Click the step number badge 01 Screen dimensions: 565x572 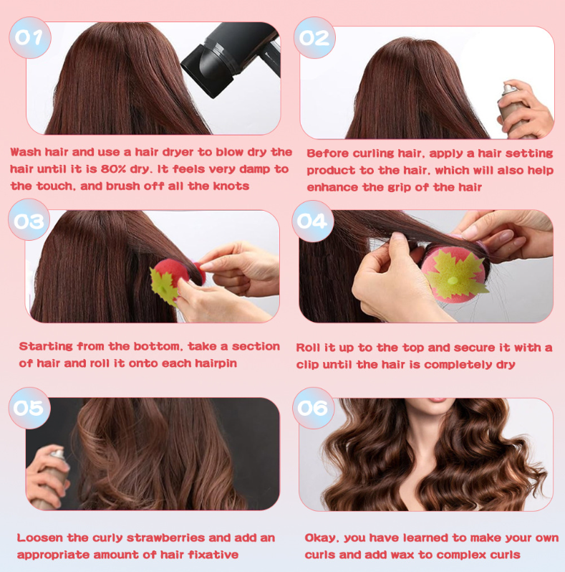[x=30, y=37]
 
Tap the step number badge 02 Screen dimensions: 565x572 [x=314, y=38]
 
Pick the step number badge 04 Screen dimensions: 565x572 [x=313, y=221]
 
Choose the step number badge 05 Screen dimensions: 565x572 [x=29, y=408]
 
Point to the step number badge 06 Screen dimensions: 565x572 [x=314, y=408]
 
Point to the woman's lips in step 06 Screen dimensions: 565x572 [x=438, y=400]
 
